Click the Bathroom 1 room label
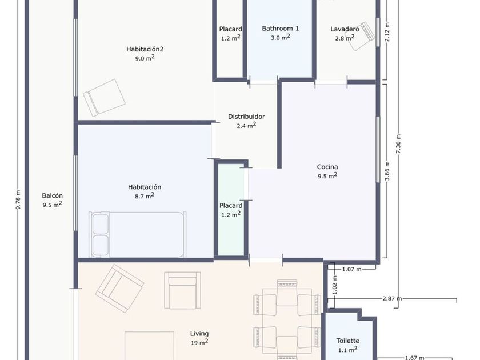pos(280,29)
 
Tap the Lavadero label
pos(345,29)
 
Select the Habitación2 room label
pos(145,49)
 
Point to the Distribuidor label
pos(246,117)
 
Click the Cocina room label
pos(327,167)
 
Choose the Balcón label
pos(53,195)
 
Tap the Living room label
pos(199,334)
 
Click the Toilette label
pos(348,341)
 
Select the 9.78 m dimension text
pos(18,200)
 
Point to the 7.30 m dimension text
pos(398,144)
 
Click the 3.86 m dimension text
pos(387,171)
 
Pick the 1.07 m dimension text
pos(352,269)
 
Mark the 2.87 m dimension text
pos(392,298)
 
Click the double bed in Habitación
pos(138,234)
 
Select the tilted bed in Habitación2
pos(104,98)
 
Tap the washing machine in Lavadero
pos(361,36)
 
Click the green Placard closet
pos(231,210)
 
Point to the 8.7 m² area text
pos(145,195)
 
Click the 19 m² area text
pos(199,342)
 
